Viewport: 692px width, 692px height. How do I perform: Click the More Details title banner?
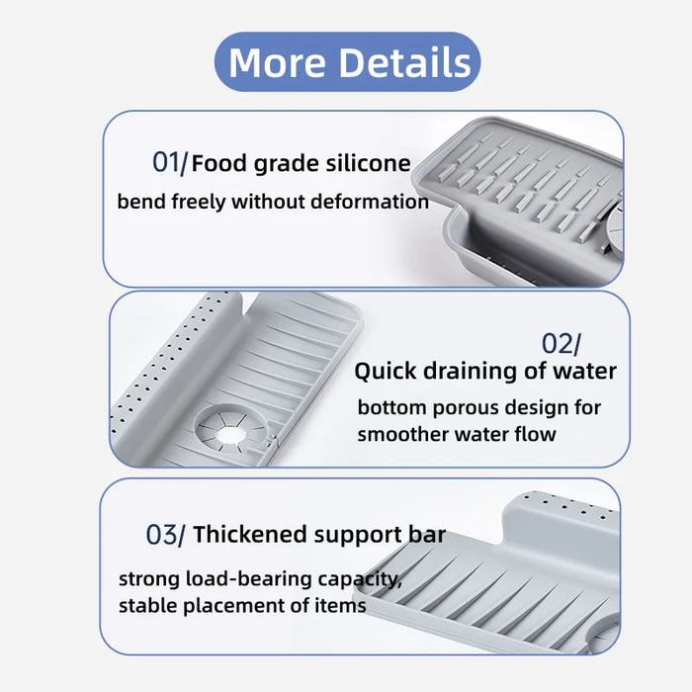click(x=347, y=62)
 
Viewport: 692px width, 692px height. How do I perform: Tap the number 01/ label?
click(x=169, y=162)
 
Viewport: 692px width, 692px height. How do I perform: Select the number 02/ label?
click(x=561, y=343)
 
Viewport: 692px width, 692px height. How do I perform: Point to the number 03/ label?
click(x=165, y=535)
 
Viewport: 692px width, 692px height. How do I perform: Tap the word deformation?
click(x=370, y=202)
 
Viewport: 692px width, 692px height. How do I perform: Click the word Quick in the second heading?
click(x=387, y=372)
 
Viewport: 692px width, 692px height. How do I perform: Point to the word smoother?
click(x=400, y=433)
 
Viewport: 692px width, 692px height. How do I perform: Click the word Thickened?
click(x=250, y=535)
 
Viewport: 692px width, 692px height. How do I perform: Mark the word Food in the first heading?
click(x=218, y=163)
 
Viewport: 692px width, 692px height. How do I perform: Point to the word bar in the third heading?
click(x=428, y=535)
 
